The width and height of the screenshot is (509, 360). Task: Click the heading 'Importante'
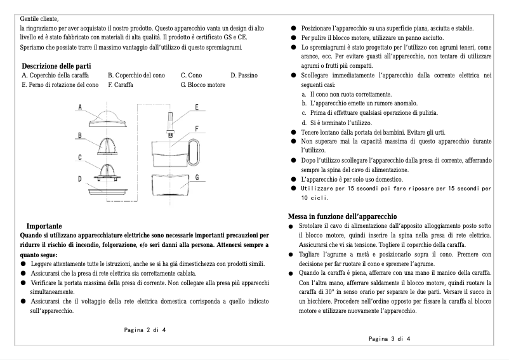[x=44, y=225]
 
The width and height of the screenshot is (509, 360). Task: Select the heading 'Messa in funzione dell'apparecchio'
[x=343, y=216]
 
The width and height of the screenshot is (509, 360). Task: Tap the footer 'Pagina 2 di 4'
[x=145, y=330]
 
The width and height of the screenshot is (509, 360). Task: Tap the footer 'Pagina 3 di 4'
[x=389, y=338]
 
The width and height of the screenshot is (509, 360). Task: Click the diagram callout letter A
[x=81, y=108]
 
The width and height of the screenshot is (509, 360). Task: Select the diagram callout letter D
[x=81, y=179]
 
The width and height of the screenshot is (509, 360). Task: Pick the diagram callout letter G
[x=197, y=177]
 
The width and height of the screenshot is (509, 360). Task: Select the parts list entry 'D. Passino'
[x=244, y=76]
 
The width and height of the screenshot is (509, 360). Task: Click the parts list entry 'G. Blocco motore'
[x=202, y=84]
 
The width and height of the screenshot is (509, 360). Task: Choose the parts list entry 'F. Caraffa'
[x=120, y=84]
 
